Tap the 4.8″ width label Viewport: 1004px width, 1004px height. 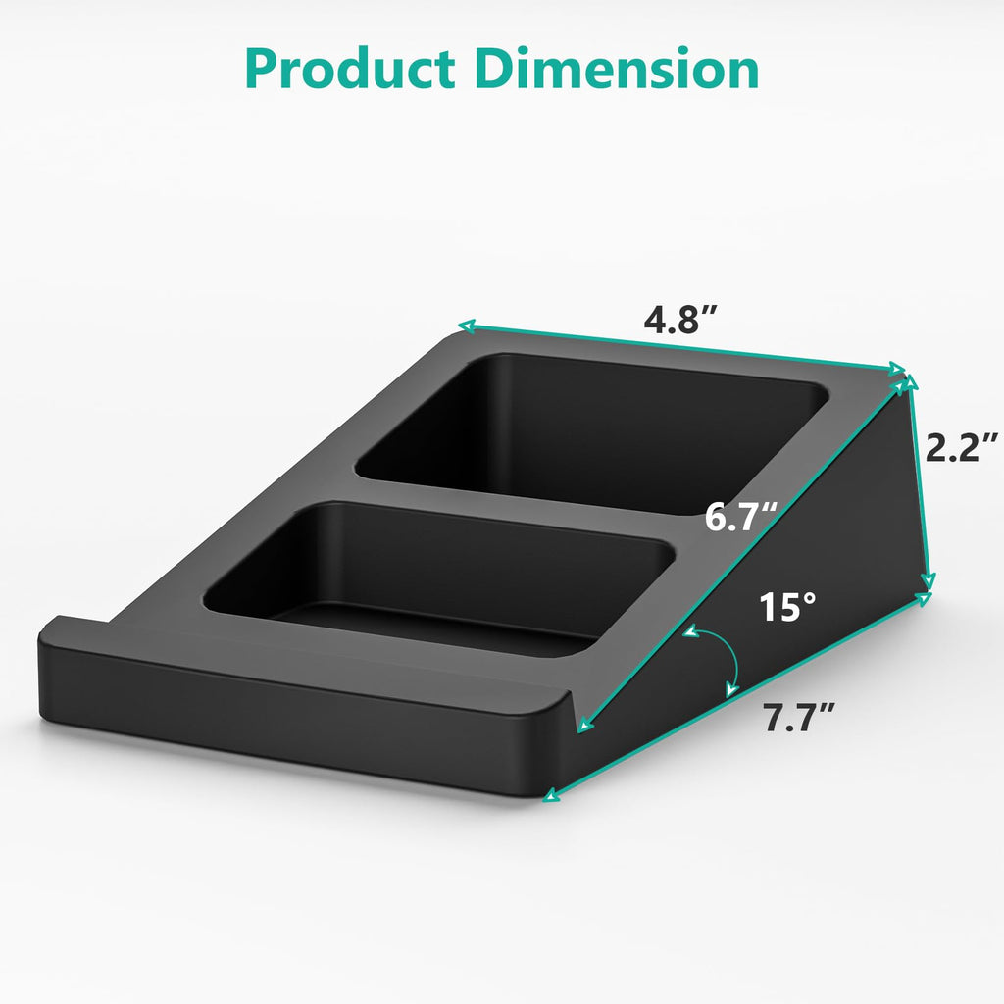click(681, 320)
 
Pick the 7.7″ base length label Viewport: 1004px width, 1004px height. click(799, 719)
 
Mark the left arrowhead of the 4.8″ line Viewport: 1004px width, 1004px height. click(467, 326)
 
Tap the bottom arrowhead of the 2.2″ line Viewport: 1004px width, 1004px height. click(927, 587)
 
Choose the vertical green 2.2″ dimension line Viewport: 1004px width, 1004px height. click(920, 490)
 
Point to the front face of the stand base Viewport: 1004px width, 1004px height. click(294, 716)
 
